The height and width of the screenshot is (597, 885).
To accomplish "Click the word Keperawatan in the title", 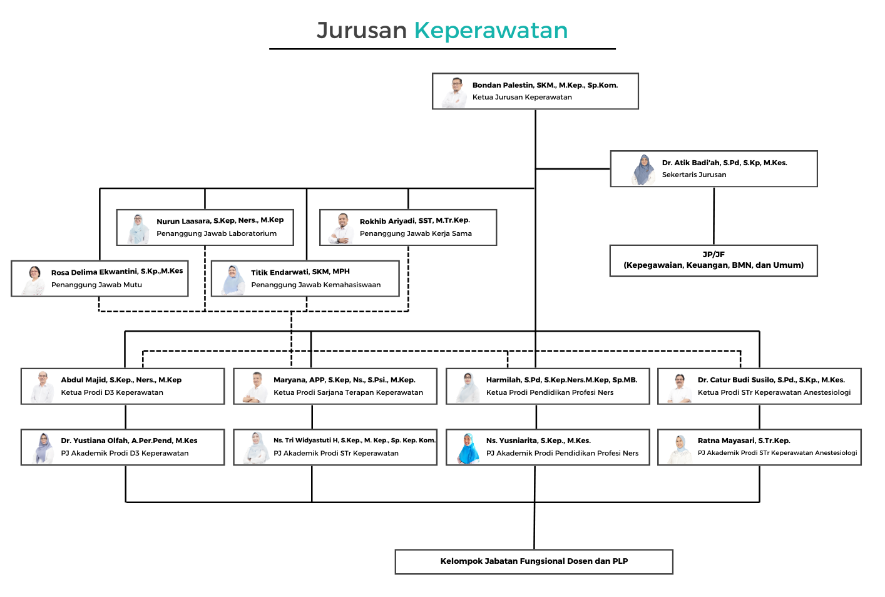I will pyautogui.click(x=491, y=31).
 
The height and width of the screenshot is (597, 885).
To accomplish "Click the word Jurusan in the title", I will pyautogui.click(x=362, y=31).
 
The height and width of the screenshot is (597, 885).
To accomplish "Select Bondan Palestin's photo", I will pyautogui.click(x=455, y=92).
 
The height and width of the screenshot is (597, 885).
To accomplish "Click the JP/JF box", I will pyautogui.click(x=714, y=260).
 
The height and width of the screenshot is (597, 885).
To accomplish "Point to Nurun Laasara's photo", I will pyautogui.click(x=138, y=228).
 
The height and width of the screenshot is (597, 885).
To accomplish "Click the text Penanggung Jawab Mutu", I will pyautogui.click(x=96, y=285).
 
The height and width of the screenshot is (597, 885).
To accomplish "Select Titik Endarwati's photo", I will pyautogui.click(x=233, y=280).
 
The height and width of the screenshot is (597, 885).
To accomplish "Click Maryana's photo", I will pyautogui.click(x=255, y=387).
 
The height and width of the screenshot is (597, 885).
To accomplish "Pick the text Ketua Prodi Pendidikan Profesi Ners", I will pyautogui.click(x=550, y=392).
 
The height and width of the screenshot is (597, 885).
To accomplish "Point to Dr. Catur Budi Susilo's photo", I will pyautogui.click(x=680, y=387).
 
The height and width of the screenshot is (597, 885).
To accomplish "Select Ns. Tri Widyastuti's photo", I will pyautogui.click(x=256, y=447).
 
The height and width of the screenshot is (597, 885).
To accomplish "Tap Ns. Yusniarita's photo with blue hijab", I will pyautogui.click(x=468, y=448).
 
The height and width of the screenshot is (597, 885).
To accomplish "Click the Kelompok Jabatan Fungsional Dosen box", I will pyautogui.click(x=534, y=561).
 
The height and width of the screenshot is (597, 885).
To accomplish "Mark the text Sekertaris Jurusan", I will pyautogui.click(x=694, y=175).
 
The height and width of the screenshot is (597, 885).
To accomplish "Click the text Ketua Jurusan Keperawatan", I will pyautogui.click(x=522, y=97).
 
